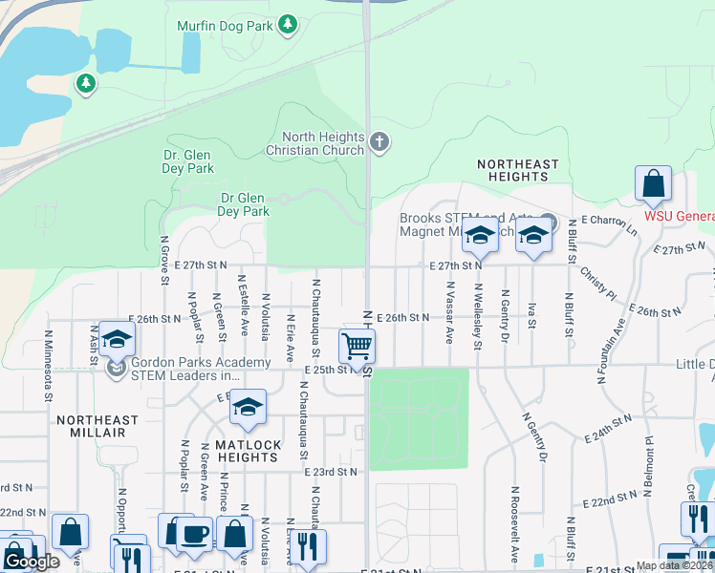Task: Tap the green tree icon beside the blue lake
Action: pos(86,84)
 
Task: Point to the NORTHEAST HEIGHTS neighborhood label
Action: pos(517,171)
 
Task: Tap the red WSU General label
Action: pos(679,216)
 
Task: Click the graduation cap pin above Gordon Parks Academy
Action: pos(117,339)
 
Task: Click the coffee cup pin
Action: pos(194,534)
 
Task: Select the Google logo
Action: pos(32,562)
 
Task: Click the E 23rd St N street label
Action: pos(331,472)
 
